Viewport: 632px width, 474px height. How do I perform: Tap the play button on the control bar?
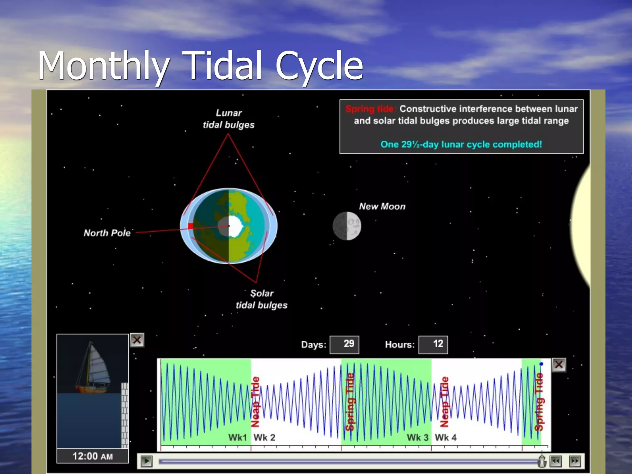click(147, 461)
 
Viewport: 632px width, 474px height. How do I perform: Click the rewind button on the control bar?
click(555, 461)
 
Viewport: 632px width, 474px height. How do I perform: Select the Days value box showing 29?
click(344, 344)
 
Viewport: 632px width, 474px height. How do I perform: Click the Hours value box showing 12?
click(433, 344)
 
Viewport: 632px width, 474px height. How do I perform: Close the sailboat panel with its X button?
click(137, 340)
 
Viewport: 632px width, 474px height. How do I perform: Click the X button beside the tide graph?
click(559, 365)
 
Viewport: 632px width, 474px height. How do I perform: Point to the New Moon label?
click(382, 206)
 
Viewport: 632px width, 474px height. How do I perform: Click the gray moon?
click(347, 226)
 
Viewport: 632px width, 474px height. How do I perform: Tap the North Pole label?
click(107, 233)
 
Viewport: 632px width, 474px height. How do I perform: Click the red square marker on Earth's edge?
click(191, 226)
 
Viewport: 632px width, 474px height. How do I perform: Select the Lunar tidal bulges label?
click(229, 119)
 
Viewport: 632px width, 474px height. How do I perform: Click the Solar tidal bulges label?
click(262, 299)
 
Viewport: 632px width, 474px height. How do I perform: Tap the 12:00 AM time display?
click(93, 456)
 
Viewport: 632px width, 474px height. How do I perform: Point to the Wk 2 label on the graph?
click(264, 437)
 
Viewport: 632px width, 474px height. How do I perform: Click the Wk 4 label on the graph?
click(446, 437)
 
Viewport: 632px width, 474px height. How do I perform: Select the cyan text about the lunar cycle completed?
click(461, 144)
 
